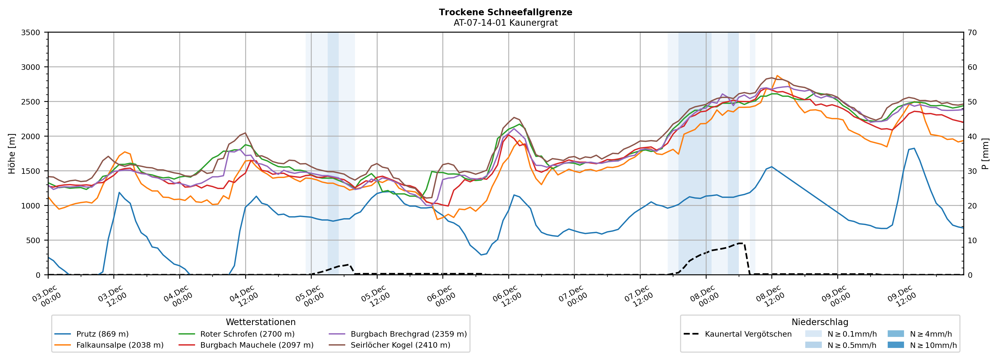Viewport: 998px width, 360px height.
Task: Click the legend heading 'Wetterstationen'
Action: (260, 322)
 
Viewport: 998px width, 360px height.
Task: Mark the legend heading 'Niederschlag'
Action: (819, 322)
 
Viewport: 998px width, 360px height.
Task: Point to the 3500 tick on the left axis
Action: (31, 33)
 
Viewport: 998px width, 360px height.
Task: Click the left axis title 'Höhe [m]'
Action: (12, 153)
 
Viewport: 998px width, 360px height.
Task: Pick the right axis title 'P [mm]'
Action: (985, 153)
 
